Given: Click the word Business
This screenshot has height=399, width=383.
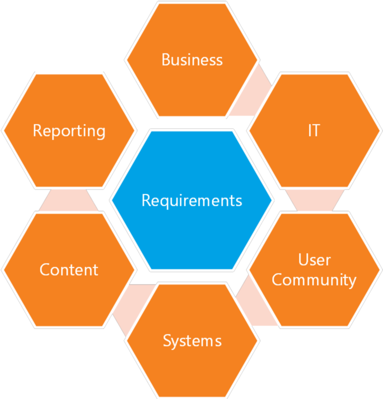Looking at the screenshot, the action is click(192, 60).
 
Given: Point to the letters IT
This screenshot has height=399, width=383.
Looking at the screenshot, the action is click(314, 130).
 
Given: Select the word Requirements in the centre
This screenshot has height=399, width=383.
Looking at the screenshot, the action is click(192, 201).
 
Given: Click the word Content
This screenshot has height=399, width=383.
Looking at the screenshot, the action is click(69, 270).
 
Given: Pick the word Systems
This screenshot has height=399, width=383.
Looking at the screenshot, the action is click(192, 341).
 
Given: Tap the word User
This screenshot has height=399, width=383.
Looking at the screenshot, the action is click(315, 260).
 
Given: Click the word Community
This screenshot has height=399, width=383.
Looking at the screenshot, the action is click(314, 280).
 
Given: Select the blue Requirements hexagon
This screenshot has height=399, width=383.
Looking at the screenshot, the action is click(192, 200).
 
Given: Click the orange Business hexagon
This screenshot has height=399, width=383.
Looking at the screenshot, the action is click(192, 60).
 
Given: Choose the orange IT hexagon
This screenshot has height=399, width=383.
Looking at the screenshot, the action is click(314, 131).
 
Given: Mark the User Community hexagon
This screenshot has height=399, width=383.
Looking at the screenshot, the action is click(314, 270).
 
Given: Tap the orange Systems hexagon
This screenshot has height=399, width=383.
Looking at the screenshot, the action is click(192, 341).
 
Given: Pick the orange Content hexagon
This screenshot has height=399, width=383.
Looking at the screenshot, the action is click(69, 270).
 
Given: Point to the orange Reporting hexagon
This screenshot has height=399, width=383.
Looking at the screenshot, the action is click(69, 131).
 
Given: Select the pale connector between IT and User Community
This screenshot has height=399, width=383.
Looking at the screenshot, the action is click(315, 200).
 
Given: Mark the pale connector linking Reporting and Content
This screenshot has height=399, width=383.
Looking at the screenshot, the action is click(69, 200).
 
